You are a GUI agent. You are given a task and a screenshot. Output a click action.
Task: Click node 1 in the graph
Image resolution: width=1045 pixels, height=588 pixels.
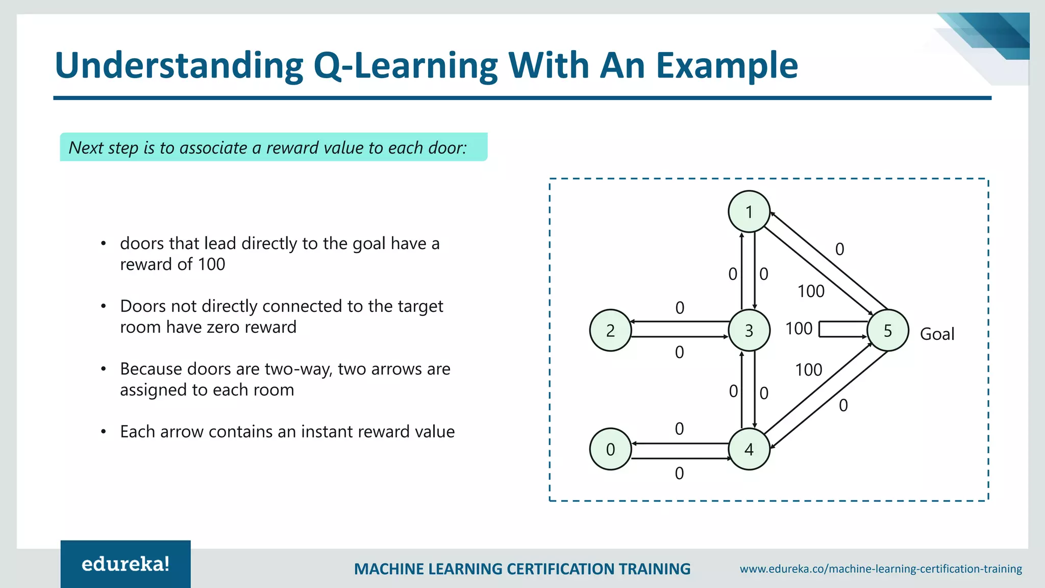[749, 211]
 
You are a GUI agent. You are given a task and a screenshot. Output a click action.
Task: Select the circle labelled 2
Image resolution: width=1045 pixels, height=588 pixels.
[610, 330]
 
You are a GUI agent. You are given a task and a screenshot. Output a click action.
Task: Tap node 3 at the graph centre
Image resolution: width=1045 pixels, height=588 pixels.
[749, 330]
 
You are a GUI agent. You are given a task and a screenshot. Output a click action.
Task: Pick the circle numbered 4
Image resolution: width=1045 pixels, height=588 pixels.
[749, 449]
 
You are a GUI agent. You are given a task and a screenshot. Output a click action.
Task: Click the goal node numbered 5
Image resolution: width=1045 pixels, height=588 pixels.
[887, 330]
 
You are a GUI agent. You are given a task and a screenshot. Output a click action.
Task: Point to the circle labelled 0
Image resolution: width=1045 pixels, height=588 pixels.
[610, 449]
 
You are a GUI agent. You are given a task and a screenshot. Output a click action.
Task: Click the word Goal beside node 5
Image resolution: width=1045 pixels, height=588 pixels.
[937, 334]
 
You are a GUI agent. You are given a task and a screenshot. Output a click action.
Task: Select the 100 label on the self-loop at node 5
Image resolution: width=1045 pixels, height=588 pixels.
[799, 329]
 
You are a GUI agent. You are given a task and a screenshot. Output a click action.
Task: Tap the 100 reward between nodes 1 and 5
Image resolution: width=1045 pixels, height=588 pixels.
[811, 291]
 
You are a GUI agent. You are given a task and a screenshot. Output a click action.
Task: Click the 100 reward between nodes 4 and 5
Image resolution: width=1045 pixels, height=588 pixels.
[808, 370]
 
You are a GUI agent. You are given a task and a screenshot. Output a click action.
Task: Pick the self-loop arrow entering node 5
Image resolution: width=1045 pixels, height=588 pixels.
[842, 329]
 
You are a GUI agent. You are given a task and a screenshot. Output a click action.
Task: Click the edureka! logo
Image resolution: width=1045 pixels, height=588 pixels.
[126, 564]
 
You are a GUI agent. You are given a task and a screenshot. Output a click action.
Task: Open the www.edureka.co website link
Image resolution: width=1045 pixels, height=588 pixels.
[881, 569]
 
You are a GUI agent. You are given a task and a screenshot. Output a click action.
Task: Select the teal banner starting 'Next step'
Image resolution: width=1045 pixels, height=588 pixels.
[273, 147]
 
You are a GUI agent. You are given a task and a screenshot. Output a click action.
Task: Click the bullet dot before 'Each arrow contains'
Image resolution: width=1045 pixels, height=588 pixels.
[104, 432]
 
